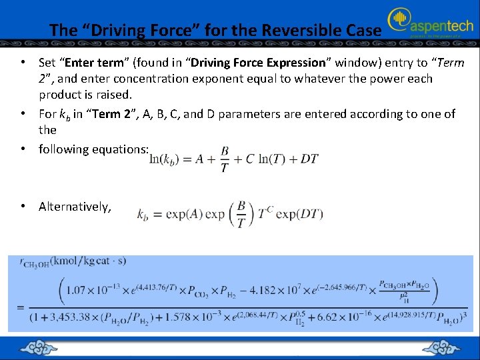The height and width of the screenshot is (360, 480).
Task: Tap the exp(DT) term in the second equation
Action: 299,215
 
